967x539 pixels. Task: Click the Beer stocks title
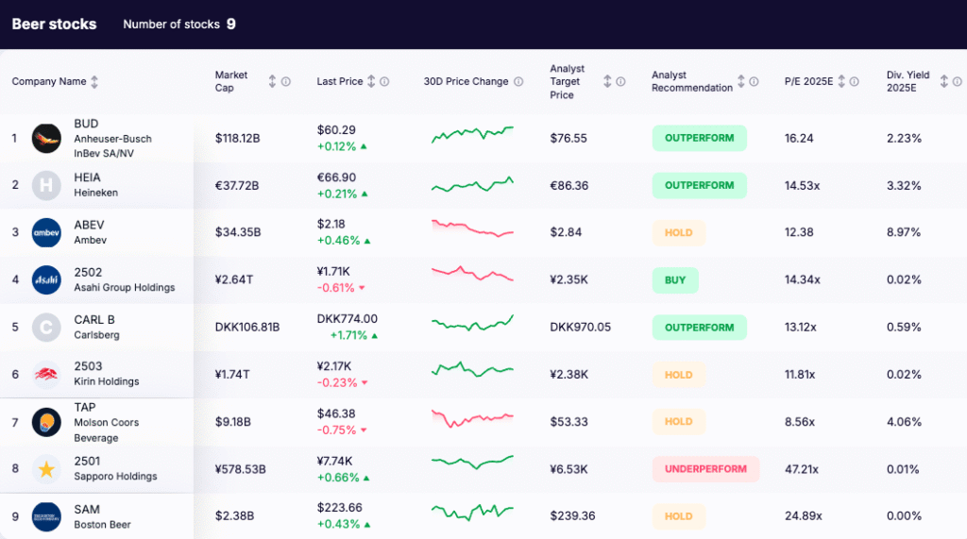pyautogui.click(x=54, y=25)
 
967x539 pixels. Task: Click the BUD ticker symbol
pyautogui.click(x=86, y=124)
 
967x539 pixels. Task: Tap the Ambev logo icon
pyautogui.click(x=46, y=232)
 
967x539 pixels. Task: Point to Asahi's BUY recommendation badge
pyautogui.click(x=675, y=280)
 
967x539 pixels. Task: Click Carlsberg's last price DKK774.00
pyautogui.click(x=348, y=319)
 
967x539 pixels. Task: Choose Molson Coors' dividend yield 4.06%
pyautogui.click(x=904, y=422)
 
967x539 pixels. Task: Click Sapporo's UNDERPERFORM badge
pyautogui.click(x=705, y=469)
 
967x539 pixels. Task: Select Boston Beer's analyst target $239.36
pyautogui.click(x=573, y=516)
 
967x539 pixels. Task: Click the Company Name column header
pyautogui.click(x=49, y=82)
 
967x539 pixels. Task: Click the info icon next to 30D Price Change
pyautogui.click(x=518, y=82)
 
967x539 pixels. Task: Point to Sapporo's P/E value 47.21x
pyautogui.click(x=802, y=469)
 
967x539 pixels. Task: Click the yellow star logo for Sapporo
pyautogui.click(x=46, y=469)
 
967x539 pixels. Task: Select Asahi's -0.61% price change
pyautogui.click(x=337, y=288)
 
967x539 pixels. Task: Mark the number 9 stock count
pyautogui.click(x=231, y=25)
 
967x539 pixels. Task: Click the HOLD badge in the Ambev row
pyautogui.click(x=678, y=232)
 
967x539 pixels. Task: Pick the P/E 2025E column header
pyautogui.click(x=809, y=82)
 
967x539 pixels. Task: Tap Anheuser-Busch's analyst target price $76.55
pyautogui.click(x=568, y=138)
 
